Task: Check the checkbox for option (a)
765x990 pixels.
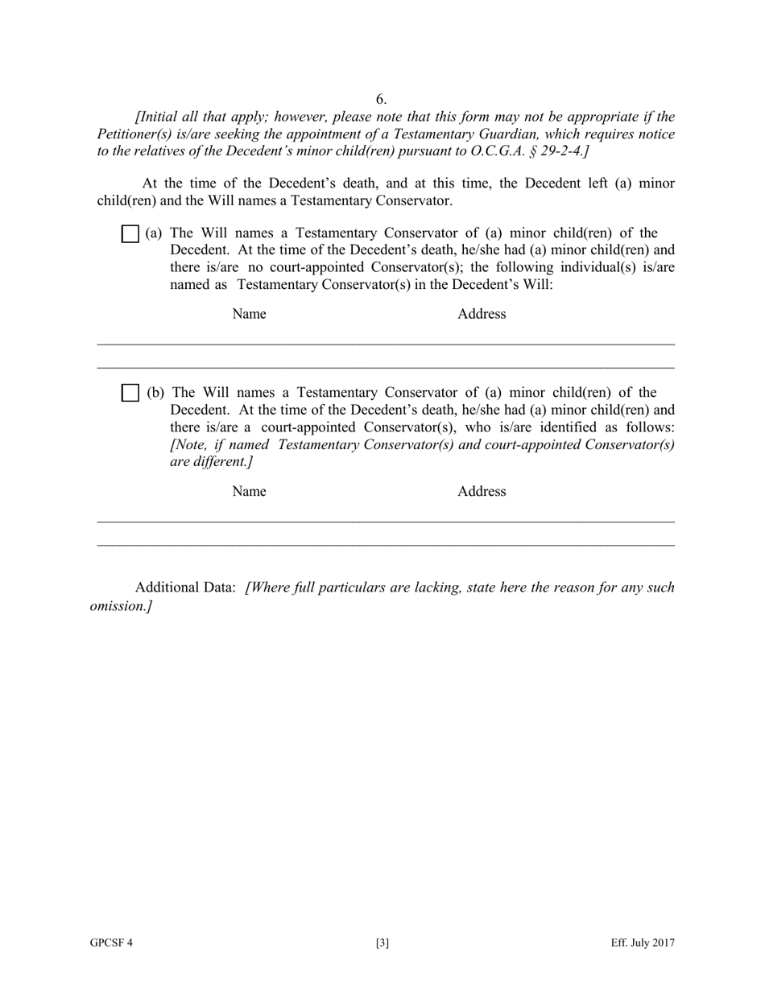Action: [130, 234]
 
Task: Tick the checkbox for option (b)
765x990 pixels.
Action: [130, 394]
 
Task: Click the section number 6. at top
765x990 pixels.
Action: [381, 99]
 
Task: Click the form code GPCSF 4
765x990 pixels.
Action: [111, 943]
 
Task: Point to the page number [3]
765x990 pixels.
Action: [382, 943]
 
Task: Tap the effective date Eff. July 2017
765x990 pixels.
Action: [642, 943]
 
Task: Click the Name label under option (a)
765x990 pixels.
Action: [249, 314]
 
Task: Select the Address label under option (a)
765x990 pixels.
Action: [482, 314]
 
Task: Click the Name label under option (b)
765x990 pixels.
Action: [249, 491]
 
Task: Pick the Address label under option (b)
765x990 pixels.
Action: [482, 491]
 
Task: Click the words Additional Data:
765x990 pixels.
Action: [185, 588]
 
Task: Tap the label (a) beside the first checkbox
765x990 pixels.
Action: [154, 233]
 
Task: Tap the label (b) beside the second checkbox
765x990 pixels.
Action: [155, 393]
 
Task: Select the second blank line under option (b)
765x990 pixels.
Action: [386, 546]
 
